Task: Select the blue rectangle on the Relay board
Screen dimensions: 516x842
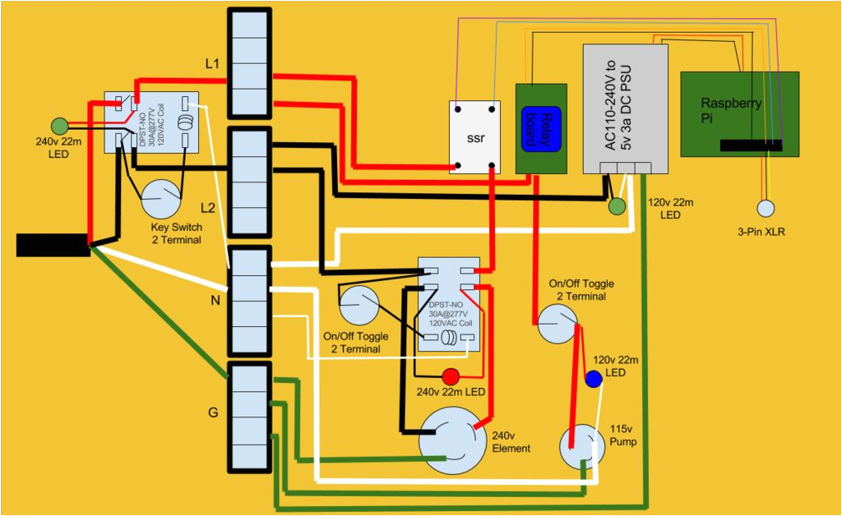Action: click(x=542, y=129)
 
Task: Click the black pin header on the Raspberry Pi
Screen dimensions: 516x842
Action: click(x=752, y=145)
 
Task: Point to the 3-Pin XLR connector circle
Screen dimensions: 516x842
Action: click(x=766, y=209)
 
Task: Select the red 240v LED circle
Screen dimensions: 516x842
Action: click(x=451, y=376)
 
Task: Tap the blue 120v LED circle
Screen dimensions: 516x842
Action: click(x=594, y=379)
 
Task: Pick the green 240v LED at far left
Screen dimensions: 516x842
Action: click(x=59, y=127)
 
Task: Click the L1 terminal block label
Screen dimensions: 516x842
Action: click(x=212, y=62)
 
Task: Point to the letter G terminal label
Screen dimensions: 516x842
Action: click(x=212, y=412)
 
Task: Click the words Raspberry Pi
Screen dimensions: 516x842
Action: click(x=731, y=111)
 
